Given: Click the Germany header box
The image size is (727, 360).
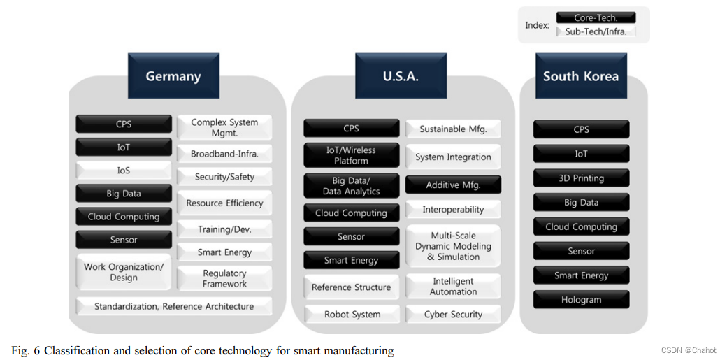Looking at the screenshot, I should (x=173, y=76).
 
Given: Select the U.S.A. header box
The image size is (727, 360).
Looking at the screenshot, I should (x=401, y=76).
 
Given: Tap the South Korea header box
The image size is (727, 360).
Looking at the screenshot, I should (x=580, y=76).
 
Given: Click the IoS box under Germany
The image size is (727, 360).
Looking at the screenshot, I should (x=124, y=170).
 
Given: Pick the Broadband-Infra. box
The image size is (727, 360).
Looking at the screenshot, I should (x=224, y=154).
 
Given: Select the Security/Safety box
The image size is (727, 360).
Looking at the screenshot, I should (x=224, y=177).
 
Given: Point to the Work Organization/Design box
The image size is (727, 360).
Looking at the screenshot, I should (x=124, y=272).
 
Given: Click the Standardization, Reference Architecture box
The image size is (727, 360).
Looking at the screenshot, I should (x=174, y=306).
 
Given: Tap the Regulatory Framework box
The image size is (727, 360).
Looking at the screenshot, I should (x=224, y=278).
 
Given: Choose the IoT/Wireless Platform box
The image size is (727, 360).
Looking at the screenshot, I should (x=351, y=155).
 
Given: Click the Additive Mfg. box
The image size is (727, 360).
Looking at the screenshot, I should (x=453, y=185).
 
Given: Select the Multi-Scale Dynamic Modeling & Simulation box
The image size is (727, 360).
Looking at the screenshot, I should (x=453, y=246).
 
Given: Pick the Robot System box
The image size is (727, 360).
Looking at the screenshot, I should (x=352, y=315).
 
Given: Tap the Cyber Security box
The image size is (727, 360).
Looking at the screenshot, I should (x=453, y=315).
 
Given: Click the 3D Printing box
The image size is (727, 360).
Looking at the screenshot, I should (x=581, y=178).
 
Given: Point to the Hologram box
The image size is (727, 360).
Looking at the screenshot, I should (x=581, y=300).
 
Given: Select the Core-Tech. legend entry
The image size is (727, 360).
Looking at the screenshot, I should (x=596, y=17).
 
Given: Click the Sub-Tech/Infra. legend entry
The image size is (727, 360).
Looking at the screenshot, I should (x=596, y=31).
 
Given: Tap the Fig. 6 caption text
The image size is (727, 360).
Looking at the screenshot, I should (x=203, y=350).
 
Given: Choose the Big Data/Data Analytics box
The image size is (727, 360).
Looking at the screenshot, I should (x=351, y=186).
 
